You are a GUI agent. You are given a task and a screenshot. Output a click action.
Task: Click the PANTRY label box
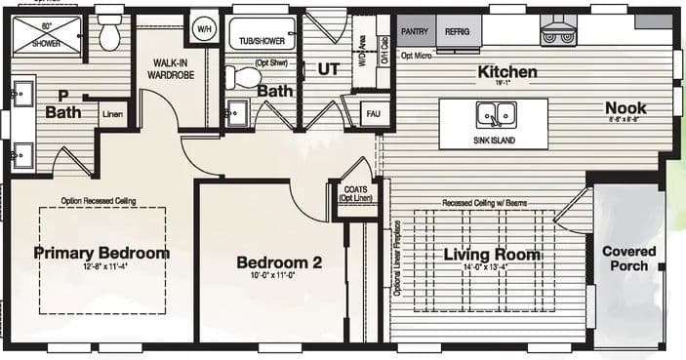point(415,31)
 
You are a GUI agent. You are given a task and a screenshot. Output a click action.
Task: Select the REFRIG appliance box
point(458,31)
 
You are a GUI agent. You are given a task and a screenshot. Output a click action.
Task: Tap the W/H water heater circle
point(205,27)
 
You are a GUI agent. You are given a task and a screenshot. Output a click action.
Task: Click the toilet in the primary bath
point(109,34)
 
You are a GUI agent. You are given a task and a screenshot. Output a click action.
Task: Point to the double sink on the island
point(494,115)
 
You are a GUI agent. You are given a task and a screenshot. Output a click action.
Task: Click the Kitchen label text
point(506,72)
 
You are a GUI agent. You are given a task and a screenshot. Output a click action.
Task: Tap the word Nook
point(625,108)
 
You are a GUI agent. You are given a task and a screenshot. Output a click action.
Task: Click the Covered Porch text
point(629,259)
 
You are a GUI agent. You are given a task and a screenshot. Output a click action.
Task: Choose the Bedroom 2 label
point(278,261)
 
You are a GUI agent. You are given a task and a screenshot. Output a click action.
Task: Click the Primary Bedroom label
point(101,253)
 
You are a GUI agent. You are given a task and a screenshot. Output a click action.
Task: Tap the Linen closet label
point(113,114)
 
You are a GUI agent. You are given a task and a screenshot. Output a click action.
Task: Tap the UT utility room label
point(327,69)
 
